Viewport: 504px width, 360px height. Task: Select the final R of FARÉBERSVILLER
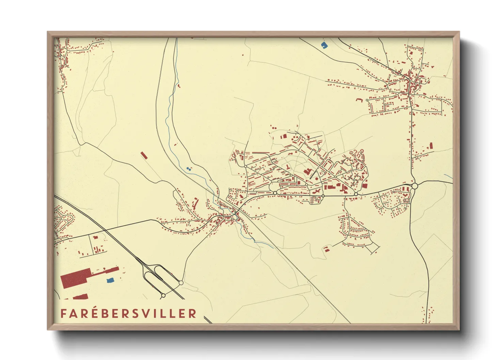(193, 313)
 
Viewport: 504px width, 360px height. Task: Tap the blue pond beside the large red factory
(110, 280)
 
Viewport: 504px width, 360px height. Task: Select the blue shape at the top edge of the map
(324, 44)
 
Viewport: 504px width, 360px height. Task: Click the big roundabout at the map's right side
(414, 186)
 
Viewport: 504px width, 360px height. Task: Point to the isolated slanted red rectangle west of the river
(144, 155)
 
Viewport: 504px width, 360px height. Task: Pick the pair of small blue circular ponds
(189, 168)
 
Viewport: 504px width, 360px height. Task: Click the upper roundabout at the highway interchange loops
(181, 282)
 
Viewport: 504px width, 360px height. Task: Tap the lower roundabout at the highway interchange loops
(163, 295)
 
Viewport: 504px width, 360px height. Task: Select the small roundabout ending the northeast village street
(367, 100)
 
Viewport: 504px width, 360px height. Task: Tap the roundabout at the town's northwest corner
(245, 166)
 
